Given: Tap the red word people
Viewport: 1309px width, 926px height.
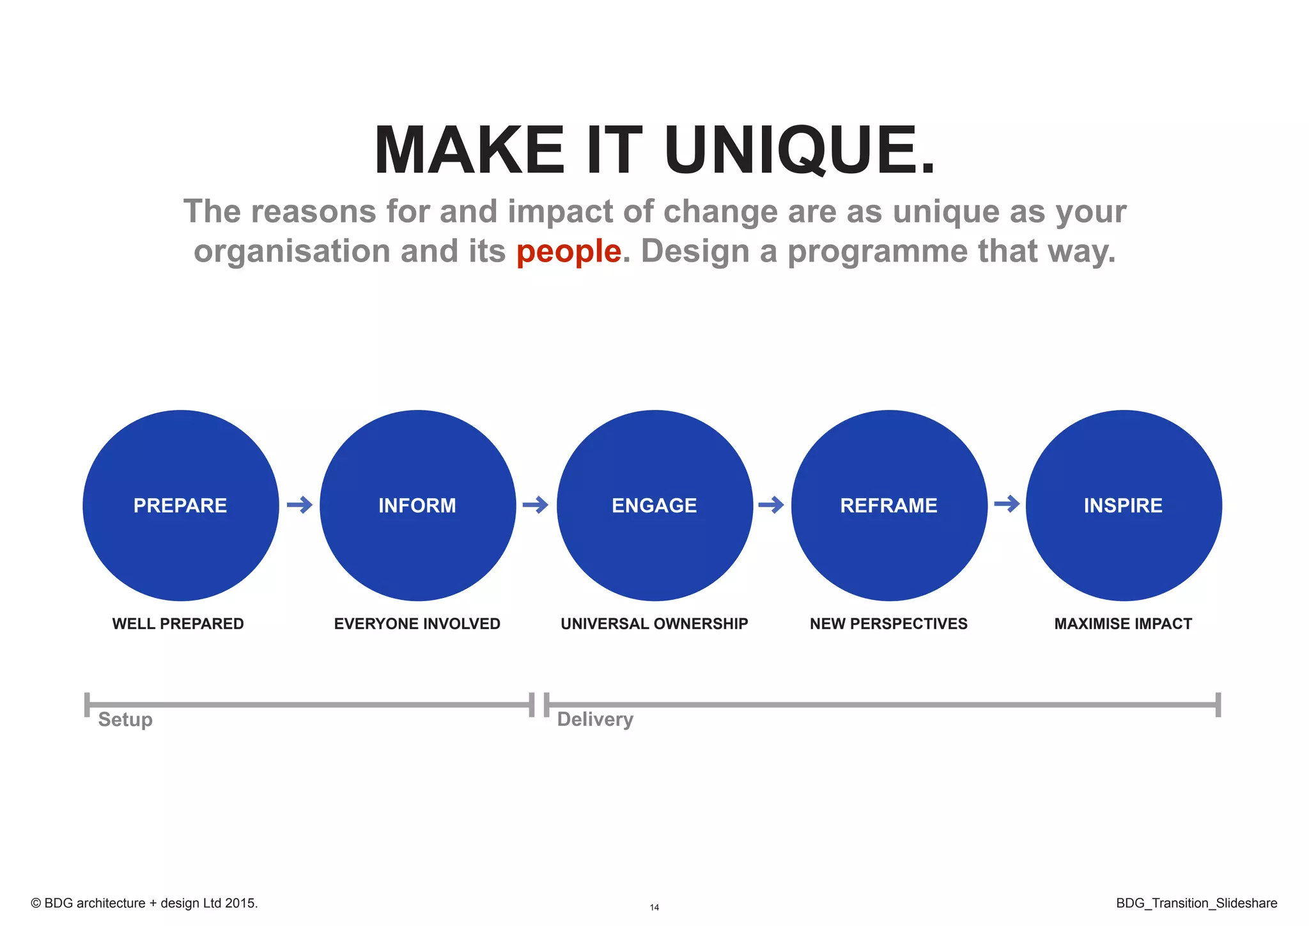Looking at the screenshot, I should coord(568,251).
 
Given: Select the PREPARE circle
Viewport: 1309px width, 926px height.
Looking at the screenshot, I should coord(181,505).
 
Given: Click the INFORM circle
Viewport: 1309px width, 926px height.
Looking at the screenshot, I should coord(417,505).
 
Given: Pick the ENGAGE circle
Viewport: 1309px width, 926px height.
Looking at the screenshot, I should coord(654,505).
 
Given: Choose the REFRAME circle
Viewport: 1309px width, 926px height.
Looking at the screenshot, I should coord(889,505).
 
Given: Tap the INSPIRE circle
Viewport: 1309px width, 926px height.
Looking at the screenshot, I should coord(1124,505).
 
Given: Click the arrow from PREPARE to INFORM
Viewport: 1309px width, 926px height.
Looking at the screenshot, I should coord(299,505).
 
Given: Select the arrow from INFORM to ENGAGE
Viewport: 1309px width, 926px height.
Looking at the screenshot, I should coord(536,505).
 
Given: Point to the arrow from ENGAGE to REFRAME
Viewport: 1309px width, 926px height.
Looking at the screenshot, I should coord(771,505).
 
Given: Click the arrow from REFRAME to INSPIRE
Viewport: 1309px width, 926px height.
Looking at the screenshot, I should coord(1007,504).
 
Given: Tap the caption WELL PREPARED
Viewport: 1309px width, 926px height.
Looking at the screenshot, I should coord(178,624).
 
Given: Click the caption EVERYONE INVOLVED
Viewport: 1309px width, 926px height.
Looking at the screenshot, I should coord(417,624).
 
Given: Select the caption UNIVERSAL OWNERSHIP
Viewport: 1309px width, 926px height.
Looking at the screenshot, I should coord(654,624).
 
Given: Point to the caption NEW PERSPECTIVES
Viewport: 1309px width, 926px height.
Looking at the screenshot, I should coord(889,624).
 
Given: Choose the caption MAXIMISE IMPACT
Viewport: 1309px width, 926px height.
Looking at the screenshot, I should coord(1123,624).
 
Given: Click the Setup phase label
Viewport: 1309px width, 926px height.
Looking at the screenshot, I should coord(125,719).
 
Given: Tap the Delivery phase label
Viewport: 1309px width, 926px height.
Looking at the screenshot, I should coord(595,719).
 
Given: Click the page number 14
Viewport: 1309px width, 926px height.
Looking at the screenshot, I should coord(654,907).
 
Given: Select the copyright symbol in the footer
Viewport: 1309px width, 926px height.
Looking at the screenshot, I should coord(36,903).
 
